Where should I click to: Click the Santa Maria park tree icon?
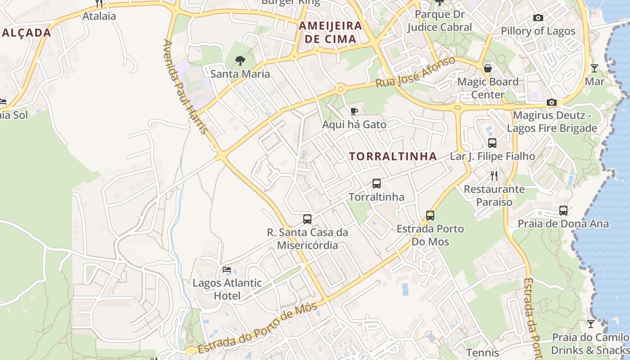tap(240, 60)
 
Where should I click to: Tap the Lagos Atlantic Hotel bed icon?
tap(227, 270)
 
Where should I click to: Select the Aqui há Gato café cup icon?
tap(354, 111)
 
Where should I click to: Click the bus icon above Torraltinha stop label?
tap(377, 184)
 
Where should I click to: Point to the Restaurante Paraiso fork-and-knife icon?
tap(494, 175)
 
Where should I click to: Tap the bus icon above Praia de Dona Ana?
tap(563, 210)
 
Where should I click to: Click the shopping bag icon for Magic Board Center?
tap(488, 68)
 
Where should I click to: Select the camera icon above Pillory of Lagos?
tap(538, 18)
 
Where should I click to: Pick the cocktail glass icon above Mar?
tap(594, 68)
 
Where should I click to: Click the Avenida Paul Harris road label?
tap(185, 86)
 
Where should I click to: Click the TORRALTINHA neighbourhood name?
tap(393, 156)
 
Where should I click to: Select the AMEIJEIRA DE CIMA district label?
tap(331, 32)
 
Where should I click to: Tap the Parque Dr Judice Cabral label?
tap(439, 21)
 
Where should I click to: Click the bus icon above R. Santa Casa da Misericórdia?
tap(307, 219)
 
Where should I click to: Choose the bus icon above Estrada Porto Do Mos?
tap(430, 216)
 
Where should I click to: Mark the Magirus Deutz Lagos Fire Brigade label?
tap(552, 122)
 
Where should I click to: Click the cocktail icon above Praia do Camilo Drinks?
tap(590, 324)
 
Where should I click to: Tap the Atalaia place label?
tap(99, 16)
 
